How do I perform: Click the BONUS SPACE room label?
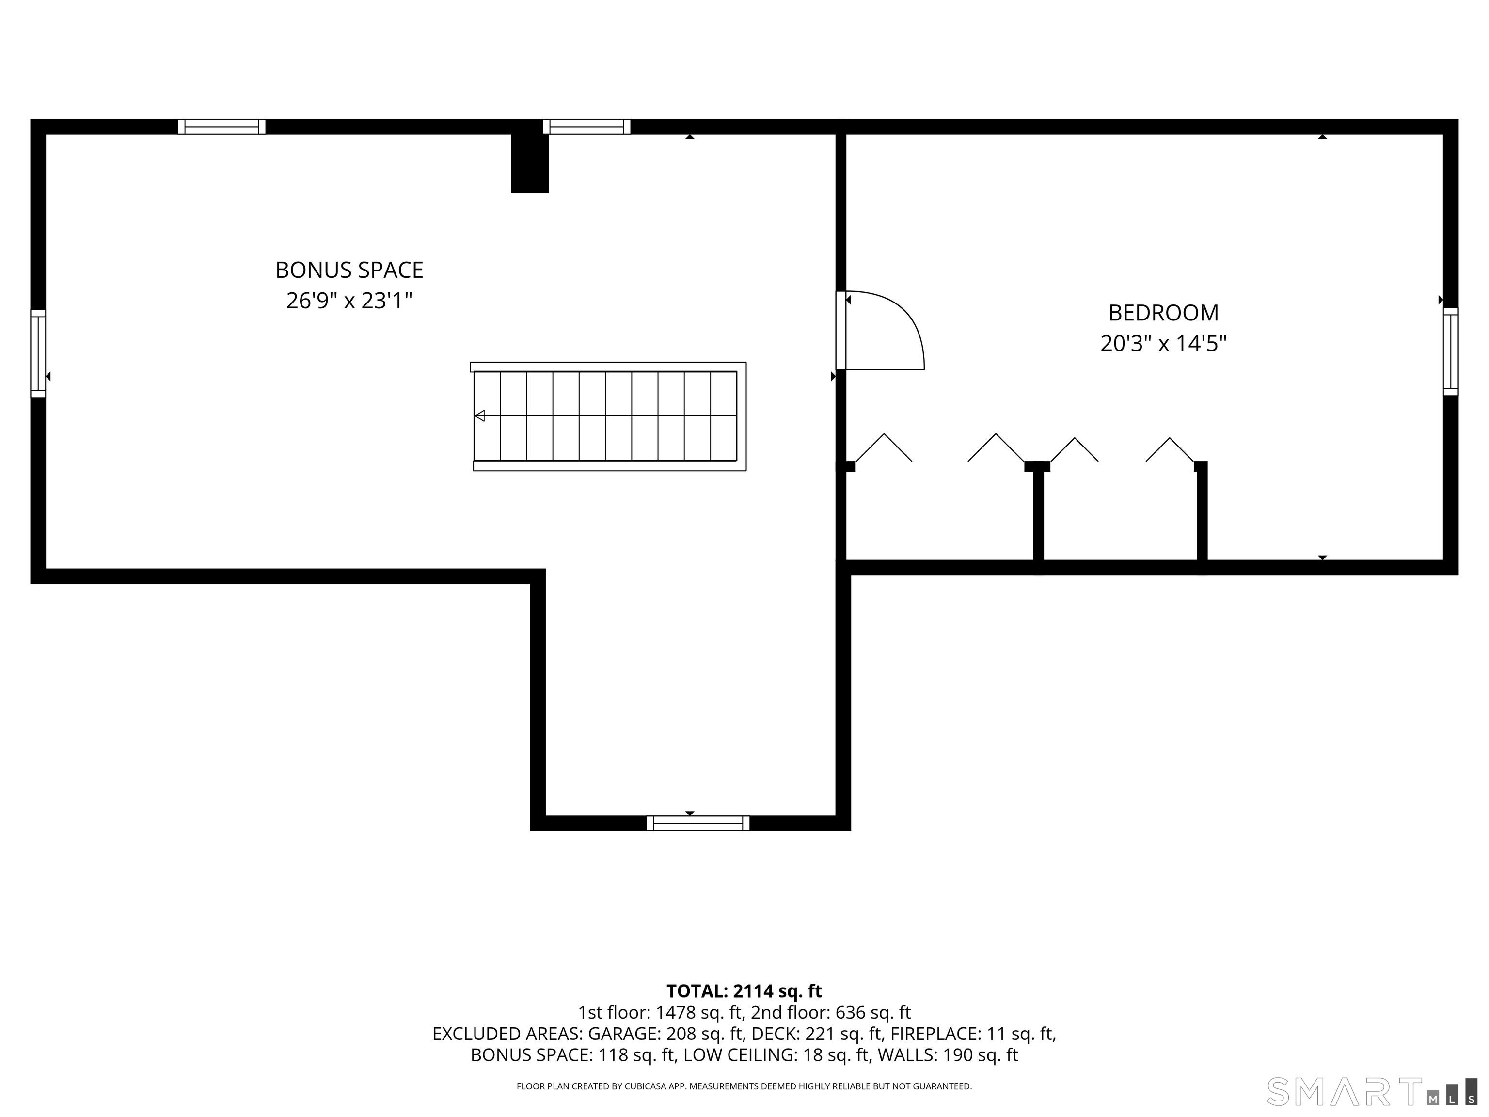coord(349,270)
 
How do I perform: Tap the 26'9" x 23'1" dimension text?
coord(349,300)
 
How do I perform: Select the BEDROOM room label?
coord(1163,313)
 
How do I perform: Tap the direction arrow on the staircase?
coord(480,415)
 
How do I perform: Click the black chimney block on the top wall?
coord(530,163)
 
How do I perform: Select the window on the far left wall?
coord(38,353)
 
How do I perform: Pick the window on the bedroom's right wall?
coord(1451,351)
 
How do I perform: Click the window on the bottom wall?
coord(698,823)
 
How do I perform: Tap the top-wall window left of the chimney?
coord(222,127)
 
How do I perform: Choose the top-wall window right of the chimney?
coord(586,127)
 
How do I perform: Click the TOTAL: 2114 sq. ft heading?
coord(744,991)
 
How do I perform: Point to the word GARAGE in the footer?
coord(623,1034)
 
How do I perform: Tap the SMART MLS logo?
coord(1371,1091)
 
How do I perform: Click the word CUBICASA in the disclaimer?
coord(648,1086)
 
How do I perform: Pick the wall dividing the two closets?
coord(1039,515)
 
